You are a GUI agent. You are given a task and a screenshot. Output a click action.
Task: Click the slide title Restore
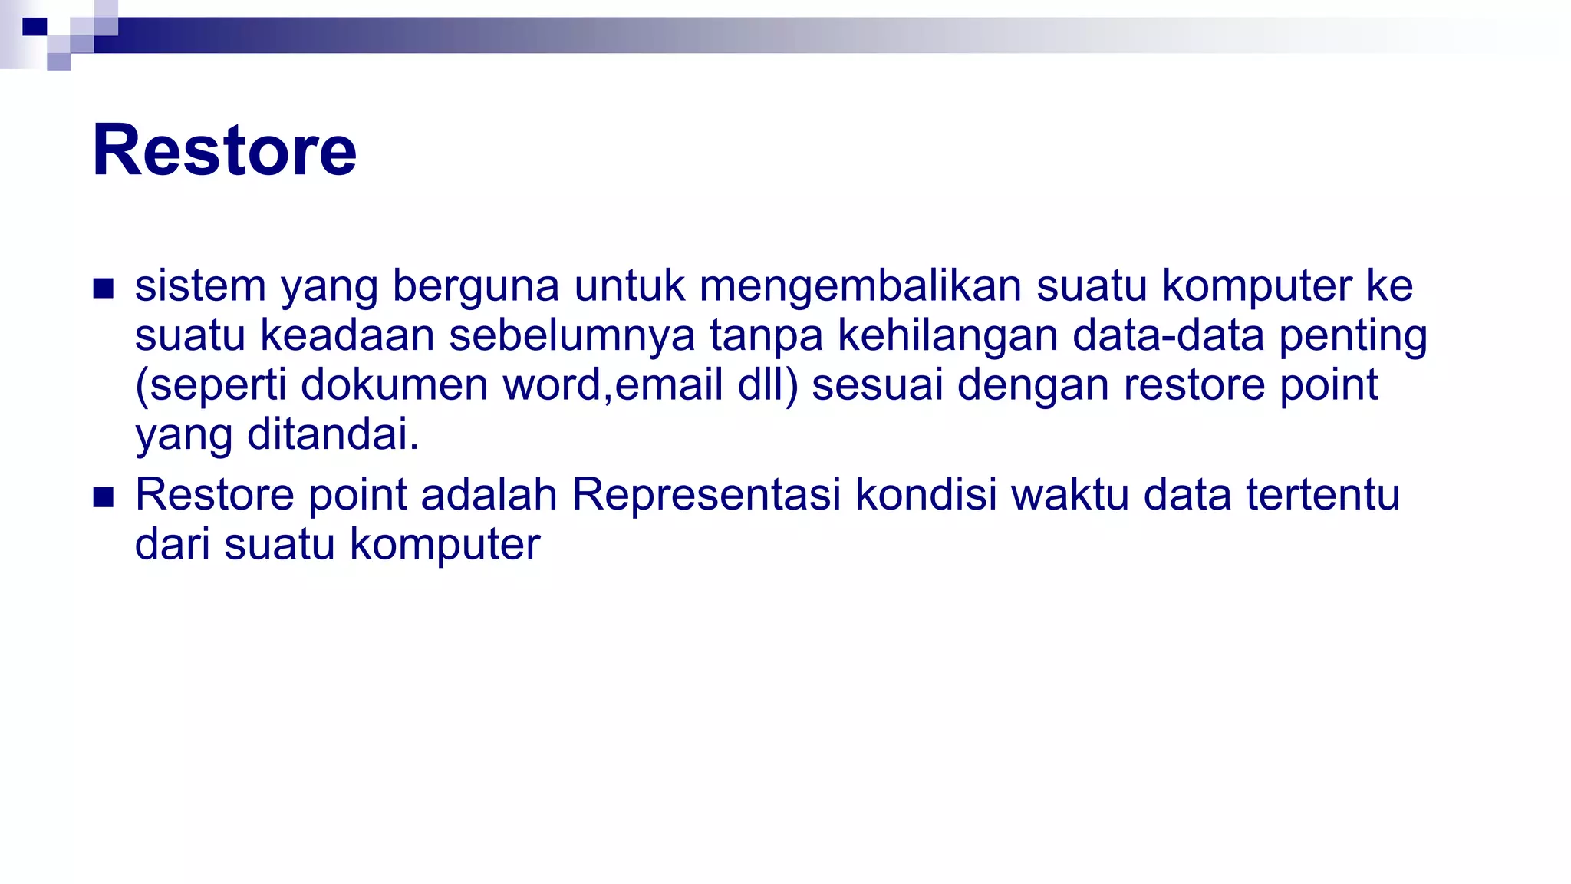224,150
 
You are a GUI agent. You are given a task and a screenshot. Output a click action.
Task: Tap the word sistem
200,285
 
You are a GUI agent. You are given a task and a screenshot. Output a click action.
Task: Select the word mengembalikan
860,285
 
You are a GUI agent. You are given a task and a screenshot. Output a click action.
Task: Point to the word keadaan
347,335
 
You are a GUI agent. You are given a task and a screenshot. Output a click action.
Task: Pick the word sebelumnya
571,335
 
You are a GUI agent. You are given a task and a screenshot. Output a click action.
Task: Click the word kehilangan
947,335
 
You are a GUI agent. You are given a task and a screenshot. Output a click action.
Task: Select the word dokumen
394,384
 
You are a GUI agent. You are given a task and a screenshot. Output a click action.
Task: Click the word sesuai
877,384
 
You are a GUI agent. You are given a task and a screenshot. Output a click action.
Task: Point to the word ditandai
333,434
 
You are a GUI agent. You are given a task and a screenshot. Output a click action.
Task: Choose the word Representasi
706,494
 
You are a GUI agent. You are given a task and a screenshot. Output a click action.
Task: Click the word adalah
489,494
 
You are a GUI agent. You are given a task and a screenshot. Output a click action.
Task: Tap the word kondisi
926,494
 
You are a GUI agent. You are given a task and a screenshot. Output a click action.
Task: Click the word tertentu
1322,494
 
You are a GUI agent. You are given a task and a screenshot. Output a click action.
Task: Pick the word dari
172,544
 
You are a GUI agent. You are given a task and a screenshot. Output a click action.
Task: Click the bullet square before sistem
103,289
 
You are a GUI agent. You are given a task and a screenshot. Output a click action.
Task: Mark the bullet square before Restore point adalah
103,497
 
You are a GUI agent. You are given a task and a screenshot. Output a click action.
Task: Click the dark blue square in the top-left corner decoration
35,27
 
